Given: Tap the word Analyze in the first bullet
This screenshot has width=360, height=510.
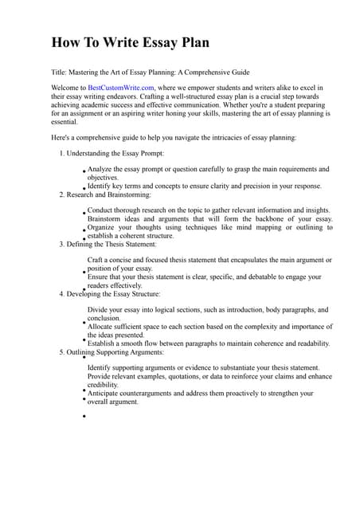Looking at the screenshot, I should (x=102, y=169).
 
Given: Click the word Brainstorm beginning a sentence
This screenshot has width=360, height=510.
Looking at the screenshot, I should (x=108, y=218).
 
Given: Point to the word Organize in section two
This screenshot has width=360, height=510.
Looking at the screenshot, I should (x=104, y=227).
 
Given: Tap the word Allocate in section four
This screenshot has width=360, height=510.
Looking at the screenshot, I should (x=103, y=327).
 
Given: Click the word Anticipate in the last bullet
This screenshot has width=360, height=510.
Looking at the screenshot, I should (x=108, y=393).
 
